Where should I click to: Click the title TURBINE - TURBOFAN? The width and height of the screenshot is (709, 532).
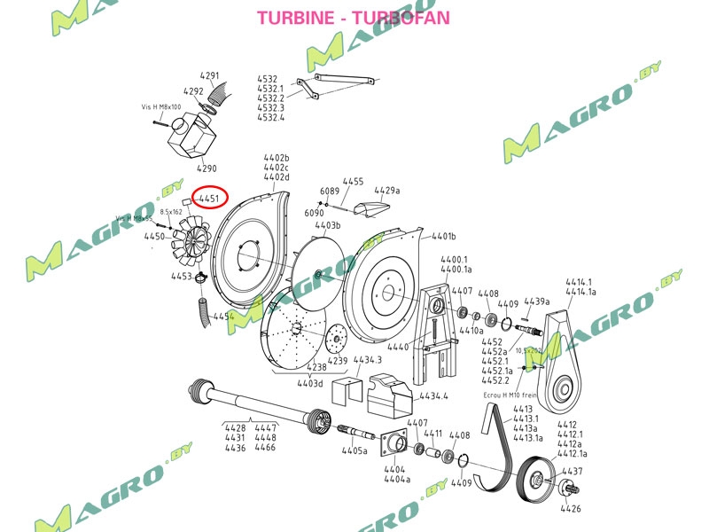(x=353, y=18)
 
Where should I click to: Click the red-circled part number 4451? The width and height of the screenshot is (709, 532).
(x=209, y=199)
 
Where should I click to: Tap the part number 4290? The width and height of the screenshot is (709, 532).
(x=206, y=168)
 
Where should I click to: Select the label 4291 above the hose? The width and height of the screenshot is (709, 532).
(x=209, y=75)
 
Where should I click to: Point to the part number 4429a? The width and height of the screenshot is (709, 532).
(x=387, y=191)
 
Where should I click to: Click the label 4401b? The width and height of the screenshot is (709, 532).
(x=443, y=237)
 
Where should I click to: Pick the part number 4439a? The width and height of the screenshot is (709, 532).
(x=537, y=301)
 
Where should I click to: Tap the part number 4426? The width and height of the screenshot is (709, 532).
(x=571, y=508)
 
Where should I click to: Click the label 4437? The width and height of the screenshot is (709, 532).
(x=572, y=471)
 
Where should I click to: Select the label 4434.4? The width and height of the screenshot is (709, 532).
(x=434, y=396)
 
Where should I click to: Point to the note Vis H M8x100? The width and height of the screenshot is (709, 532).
(x=161, y=106)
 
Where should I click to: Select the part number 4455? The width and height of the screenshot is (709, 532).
(x=353, y=182)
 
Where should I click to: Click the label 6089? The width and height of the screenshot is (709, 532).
(x=330, y=191)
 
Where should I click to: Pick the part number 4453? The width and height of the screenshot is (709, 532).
(x=182, y=277)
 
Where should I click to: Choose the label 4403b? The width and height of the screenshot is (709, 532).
(x=328, y=225)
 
